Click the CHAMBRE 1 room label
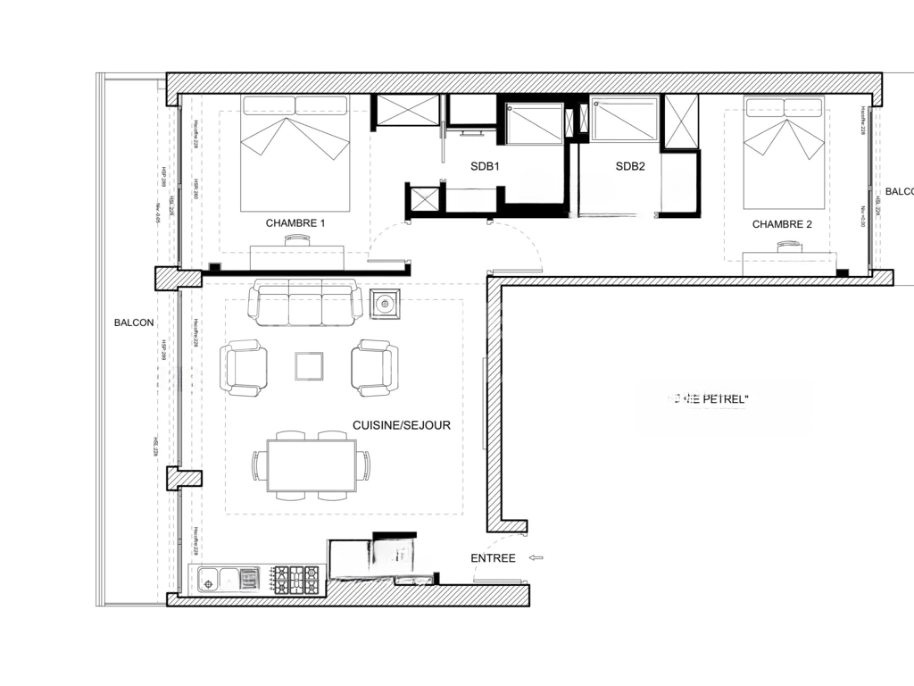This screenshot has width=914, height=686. click(x=295, y=223)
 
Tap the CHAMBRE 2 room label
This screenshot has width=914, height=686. click(x=782, y=224)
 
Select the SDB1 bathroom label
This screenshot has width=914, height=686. click(x=485, y=166)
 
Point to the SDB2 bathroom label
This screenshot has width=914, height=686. click(x=630, y=166)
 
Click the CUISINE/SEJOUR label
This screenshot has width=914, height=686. click(x=402, y=425)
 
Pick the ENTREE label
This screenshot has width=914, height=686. click(x=493, y=558)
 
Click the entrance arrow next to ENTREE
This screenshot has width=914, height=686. click(x=536, y=558)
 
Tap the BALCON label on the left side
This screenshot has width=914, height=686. click(x=134, y=322)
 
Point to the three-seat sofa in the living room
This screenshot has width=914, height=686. click(x=304, y=302)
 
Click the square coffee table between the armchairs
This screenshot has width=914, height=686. click(x=309, y=365)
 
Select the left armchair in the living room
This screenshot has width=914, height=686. click(x=244, y=367)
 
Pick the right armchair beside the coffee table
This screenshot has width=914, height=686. click(x=374, y=367)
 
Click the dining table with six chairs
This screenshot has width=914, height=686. click(x=311, y=465)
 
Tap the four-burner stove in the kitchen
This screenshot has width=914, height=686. click(x=295, y=579)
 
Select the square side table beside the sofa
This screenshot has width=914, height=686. click(x=385, y=305)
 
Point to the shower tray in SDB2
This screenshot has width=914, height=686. click(x=624, y=121)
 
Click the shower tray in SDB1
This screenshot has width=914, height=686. click(x=534, y=123)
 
